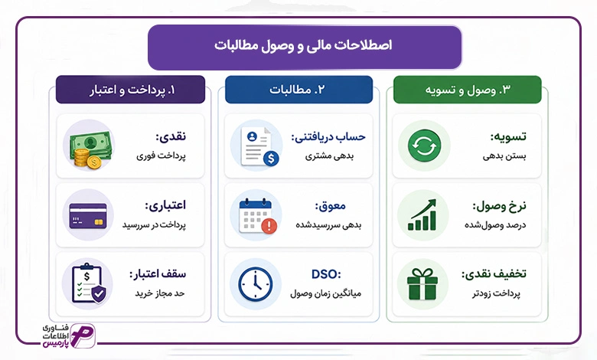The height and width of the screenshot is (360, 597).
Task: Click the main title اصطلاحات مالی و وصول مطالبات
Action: [x=303, y=45]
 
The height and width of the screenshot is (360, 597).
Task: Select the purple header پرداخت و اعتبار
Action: [x=131, y=90]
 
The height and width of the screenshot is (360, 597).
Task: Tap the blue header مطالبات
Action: [x=298, y=90]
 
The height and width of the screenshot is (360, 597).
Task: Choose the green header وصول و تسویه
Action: [x=467, y=90]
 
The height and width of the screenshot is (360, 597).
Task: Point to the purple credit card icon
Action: [x=88, y=216]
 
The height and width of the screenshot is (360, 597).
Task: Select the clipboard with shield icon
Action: [x=89, y=283]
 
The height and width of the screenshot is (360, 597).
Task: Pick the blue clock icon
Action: [x=256, y=284]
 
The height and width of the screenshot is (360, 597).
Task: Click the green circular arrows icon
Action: [x=424, y=146]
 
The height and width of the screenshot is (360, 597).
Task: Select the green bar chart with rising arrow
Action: [x=422, y=215]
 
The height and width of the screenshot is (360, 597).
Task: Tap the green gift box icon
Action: [x=422, y=284]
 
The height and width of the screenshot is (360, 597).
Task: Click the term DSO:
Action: [x=326, y=274]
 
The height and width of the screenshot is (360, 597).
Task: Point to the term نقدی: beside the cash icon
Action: [x=171, y=136]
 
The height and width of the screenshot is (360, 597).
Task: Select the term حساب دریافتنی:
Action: [x=328, y=137]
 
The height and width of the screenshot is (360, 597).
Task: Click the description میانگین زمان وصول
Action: [x=325, y=293]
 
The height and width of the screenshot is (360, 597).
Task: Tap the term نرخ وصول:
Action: [x=499, y=206]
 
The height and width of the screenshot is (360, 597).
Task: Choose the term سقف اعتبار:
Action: [x=158, y=274]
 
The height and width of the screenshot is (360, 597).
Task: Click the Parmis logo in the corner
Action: [x=69, y=335]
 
